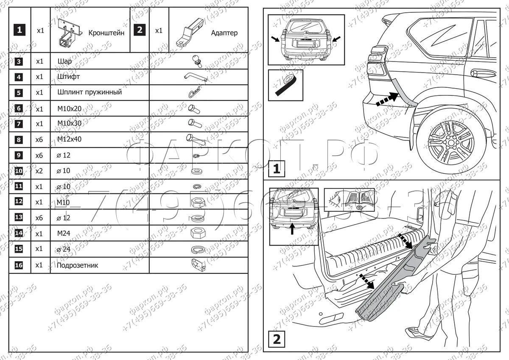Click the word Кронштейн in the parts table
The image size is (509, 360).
tap(106, 33)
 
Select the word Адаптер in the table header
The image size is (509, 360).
tap(224, 33)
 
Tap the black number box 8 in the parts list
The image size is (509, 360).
tap(19, 139)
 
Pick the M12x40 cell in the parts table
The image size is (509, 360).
tap(70, 139)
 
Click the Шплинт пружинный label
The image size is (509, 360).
tap(89, 92)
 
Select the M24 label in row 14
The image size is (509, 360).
tap(64, 233)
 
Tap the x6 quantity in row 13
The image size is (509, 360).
tap(40, 218)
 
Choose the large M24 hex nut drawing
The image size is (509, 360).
tap(198, 233)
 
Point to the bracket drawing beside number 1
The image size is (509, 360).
tap(67, 32)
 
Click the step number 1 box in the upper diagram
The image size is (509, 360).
tap(276, 169)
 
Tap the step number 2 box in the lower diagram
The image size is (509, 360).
tap(276, 339)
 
